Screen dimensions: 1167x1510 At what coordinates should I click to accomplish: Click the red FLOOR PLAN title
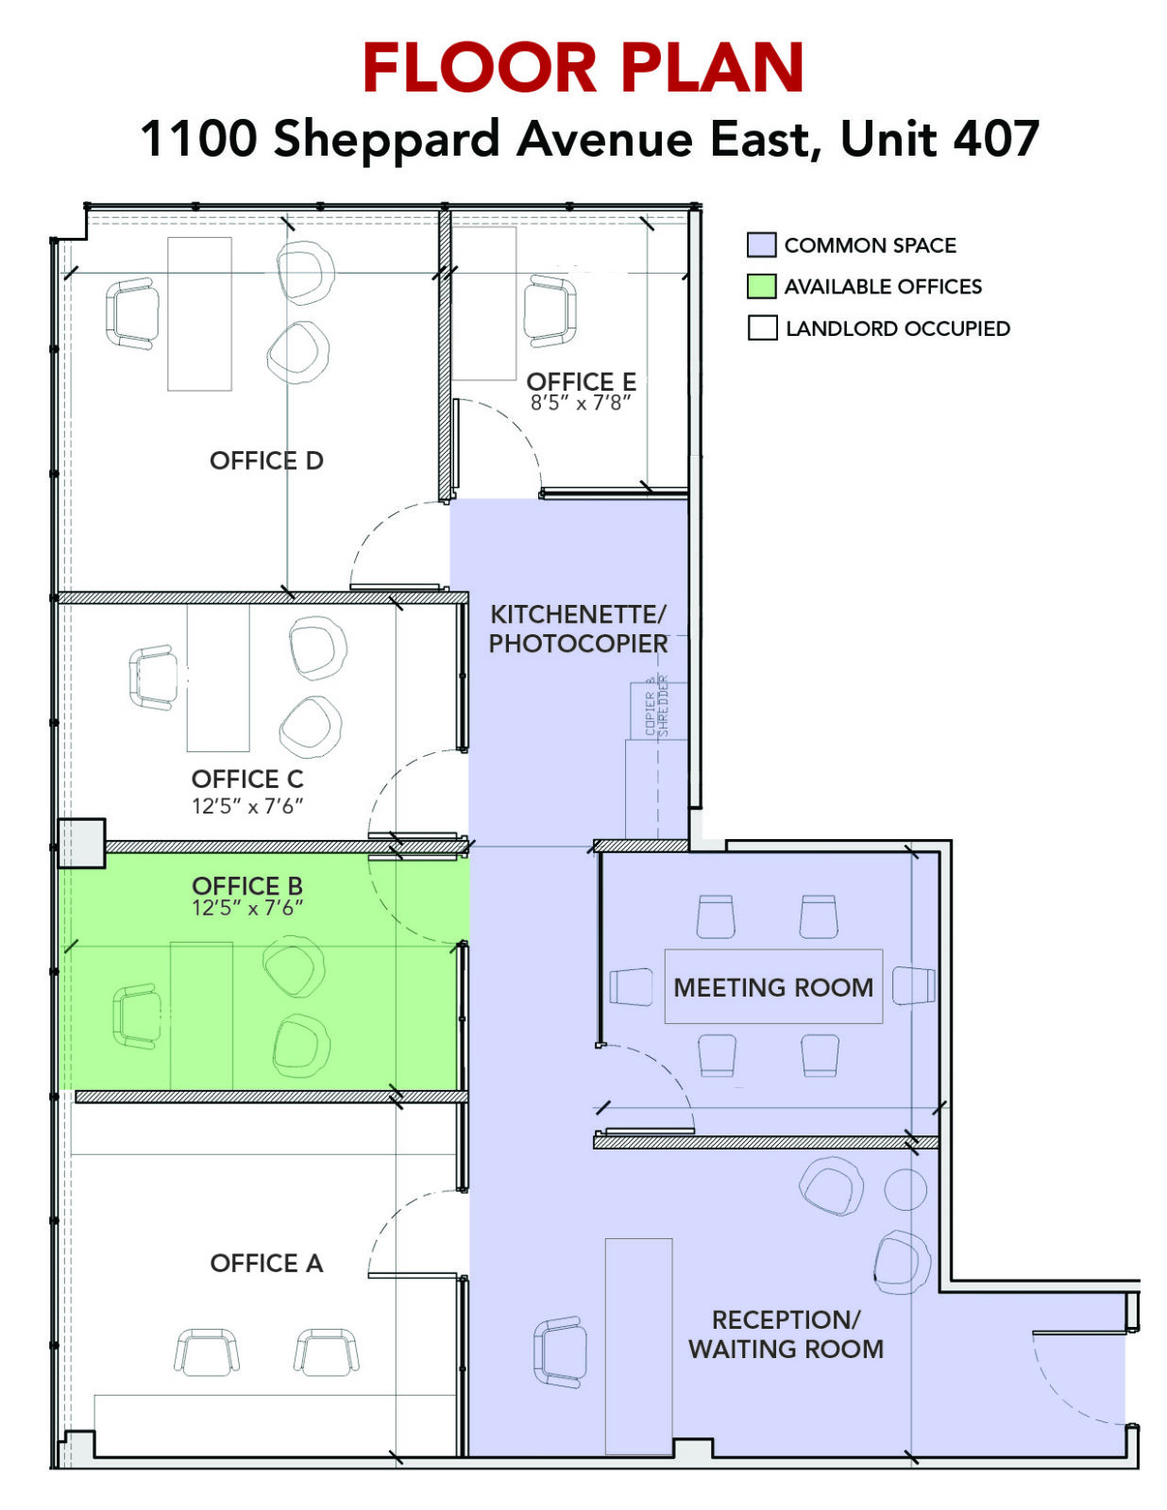click(583, 67)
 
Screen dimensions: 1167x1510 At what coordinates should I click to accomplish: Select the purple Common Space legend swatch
click(761, 245)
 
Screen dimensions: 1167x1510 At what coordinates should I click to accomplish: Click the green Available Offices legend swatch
click(761, 286)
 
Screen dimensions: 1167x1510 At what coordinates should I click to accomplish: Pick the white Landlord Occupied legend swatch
click(762, 328)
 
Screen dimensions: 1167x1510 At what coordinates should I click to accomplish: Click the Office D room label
click(266, 461)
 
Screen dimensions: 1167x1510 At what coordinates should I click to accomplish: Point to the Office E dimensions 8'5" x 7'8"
click(581, 403)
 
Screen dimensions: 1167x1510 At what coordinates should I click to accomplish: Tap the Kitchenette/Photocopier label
click(578, 629)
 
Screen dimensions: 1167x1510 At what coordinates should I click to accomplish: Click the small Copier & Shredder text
click(657, 705)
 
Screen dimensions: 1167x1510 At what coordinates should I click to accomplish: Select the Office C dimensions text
click(247, 806)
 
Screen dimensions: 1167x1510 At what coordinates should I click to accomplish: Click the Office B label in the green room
click(247, 886)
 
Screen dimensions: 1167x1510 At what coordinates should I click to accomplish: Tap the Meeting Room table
click(773, 987)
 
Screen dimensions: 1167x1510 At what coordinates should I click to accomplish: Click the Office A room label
click(267, 1263)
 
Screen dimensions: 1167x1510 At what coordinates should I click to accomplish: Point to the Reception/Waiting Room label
click(786, 1334)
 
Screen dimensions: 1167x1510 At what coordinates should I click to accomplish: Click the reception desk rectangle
click(639, 1346)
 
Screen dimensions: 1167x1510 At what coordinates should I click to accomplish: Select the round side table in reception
click(905, 1189)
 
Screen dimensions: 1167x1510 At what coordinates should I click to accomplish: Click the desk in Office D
click(199, 313)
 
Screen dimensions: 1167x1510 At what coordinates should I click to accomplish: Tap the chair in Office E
click(550, 311)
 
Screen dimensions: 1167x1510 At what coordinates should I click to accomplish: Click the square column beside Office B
click(81, 844)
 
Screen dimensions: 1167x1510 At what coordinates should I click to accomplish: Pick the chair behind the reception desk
click(558, 1351)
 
